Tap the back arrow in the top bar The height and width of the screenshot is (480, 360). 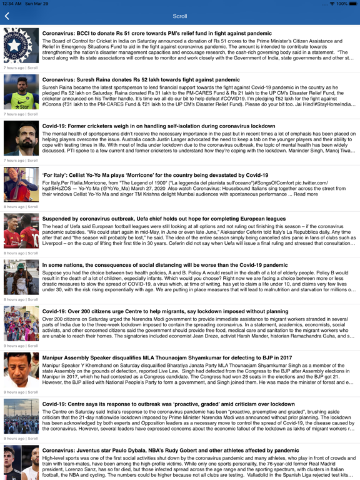(7, 16)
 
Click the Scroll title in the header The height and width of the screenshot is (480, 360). (179, 16)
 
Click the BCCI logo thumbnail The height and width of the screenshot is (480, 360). (21, 45)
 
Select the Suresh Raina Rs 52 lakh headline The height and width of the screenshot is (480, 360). (141, 80)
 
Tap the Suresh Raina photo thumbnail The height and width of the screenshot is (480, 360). (21, 92)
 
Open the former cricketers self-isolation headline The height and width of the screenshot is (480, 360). (158, 126)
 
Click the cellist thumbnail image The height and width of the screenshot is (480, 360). (21, 184)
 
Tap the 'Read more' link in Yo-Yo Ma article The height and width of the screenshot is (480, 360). (306, 194)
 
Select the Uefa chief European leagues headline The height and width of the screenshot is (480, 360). (164, 219)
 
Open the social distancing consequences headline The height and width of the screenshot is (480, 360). (165, 265)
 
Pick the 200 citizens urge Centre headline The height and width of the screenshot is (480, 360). (165, 311)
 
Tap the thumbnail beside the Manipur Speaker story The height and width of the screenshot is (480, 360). (21, 369)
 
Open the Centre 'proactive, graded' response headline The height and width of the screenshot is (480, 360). (168, 404)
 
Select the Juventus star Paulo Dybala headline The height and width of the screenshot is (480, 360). (171, 450)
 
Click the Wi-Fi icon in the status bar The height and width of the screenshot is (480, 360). (331, 4)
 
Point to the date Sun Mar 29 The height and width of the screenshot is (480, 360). (36, 4)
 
